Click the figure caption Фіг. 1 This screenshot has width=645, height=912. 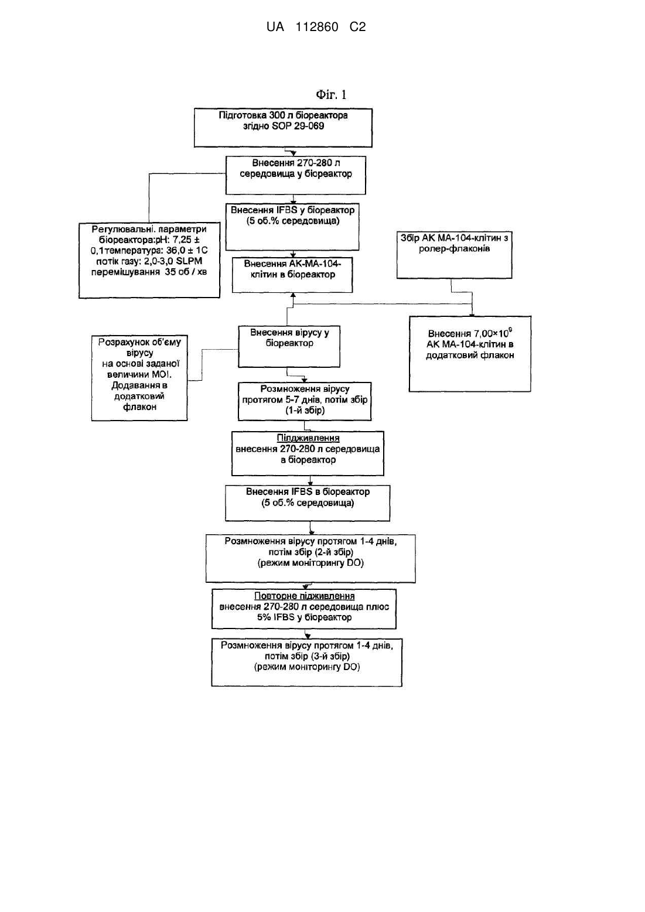pyautogui.click(x=331, y=95)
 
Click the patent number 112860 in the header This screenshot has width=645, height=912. pyautogui.click(x=317, y=27)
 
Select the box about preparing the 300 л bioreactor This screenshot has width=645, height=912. pyautogui.click(x=283, y=128)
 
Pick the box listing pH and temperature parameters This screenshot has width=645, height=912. pyautogui.click(x=149, y=260)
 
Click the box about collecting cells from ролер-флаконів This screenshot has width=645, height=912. pyautogui.click(x=455, y=255)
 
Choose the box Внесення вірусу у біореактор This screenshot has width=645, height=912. pyautogui.click(x=289, y=346)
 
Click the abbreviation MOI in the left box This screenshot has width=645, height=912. pyautogui.click(x=162, y=374)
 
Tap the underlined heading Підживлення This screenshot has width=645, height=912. pyautogui.click(x=308, y=438)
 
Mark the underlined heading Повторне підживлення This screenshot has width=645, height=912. pyautogui.click(x=305, y=596)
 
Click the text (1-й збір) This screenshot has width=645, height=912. pyautogui.click(x=305, y=411)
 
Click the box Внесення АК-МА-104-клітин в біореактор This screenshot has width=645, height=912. pyautogui.click(x=292, y=275)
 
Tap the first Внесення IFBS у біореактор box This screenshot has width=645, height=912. pyautogui.click(x=292, y=227)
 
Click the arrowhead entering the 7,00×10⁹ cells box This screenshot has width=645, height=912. pyautogui.click(x=472, y=314)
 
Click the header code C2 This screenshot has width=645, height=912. pyautogui.click(x=357, y=27)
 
